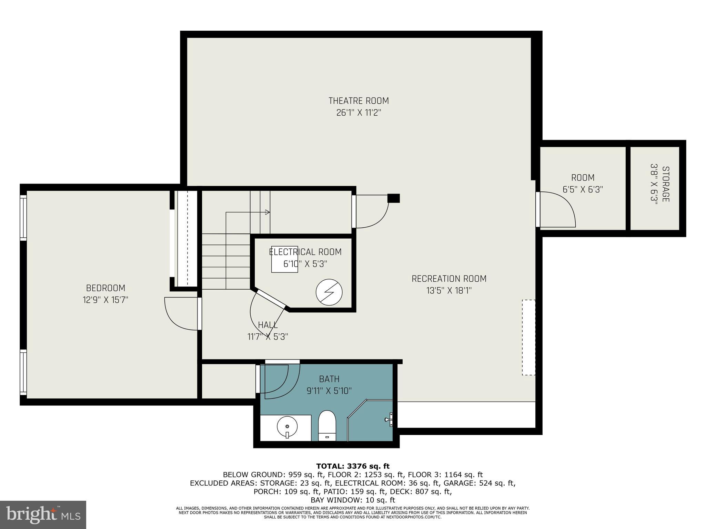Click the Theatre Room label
pos(359,101)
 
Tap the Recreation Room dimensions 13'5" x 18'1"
pos(449,291)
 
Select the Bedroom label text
pos(105,288)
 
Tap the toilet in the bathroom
pos(327,426)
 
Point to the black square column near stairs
pos(394,198)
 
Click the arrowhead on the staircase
pos(268,212)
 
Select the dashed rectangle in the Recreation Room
pos(528,337)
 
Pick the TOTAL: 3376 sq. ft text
pos(353,466)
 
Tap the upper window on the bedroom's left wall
pos(23,217)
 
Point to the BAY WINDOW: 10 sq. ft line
pos(353,500)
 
